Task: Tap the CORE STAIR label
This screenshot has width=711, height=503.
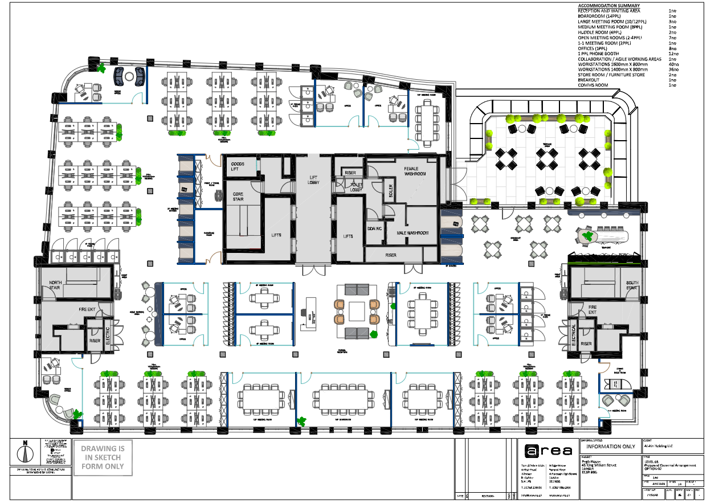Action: tap(238, 197)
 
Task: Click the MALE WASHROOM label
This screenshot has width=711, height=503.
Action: tap(412, 233)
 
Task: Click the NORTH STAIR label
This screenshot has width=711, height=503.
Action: tap(56, 285)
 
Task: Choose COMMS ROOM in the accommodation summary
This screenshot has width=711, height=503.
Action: tap(593, 85)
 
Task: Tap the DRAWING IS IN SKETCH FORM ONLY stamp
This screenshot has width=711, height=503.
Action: tap(103, 457)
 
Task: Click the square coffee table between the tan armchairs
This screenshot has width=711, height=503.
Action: tap(357, 311)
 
